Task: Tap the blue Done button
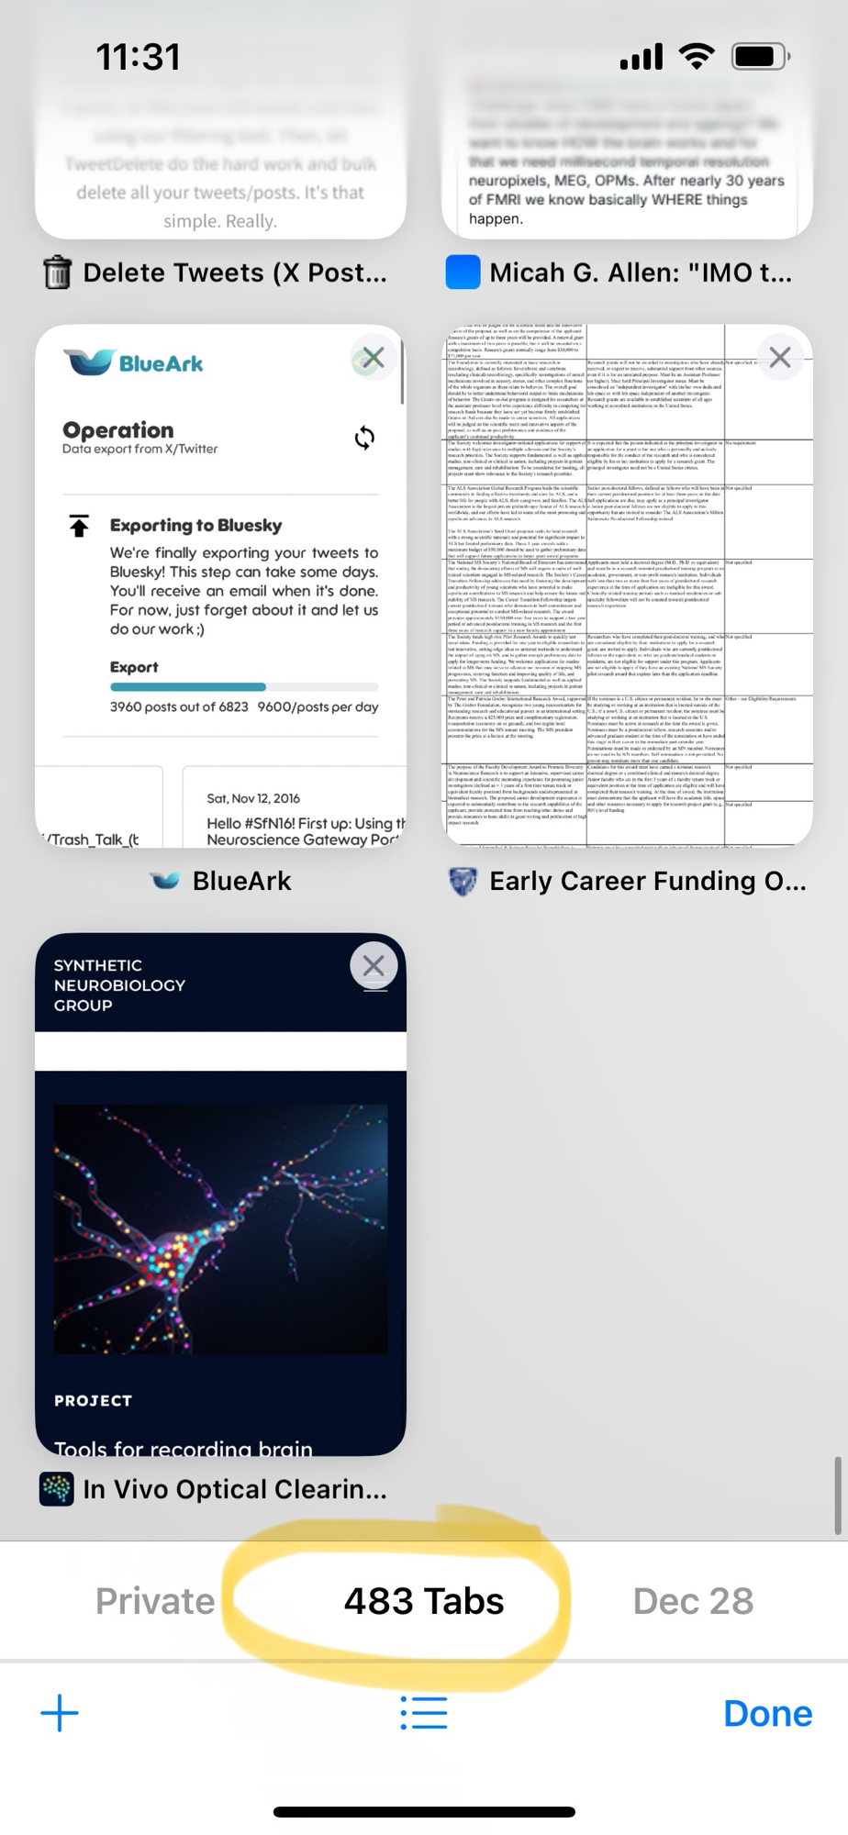pyautogui.click(x=767, y=1713)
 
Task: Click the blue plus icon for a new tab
pyautogui.click(x=60, y=1713)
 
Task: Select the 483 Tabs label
pyautogui.click(x=423, y=1601)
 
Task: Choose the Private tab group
pyautogui.click(x=154, y=1601)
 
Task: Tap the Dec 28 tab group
pyautogui.click(x=693, y=1601)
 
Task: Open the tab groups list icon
pyautogui.click(x=423, y=1713)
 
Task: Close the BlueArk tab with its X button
pyautogui.click(x=373, y=358)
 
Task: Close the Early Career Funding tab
pyautogui.click(x=779, y=358)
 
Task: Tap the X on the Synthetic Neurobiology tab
pyautogui.click(x=373, y=966)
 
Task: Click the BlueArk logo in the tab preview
pyautogui.click(x=134, y=363)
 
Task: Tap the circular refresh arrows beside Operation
pyautogui.click(x=364, y=438)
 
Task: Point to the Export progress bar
pyautogui.click(x=243, y=686)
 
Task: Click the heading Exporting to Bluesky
pyautogui.click(x=195, y=525)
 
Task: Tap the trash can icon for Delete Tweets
pyautogui.click(x=57, y=272)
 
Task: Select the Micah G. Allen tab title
pyautogui.click(x=640, y=272)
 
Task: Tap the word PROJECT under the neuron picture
pyautogui.click(x=93, y=1400)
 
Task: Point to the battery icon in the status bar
pyautogui.click(x=758, y=57)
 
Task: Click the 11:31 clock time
pyautogui.click(x=138, y=57)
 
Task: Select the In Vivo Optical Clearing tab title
pyautogui.click(x=234, y=1489)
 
